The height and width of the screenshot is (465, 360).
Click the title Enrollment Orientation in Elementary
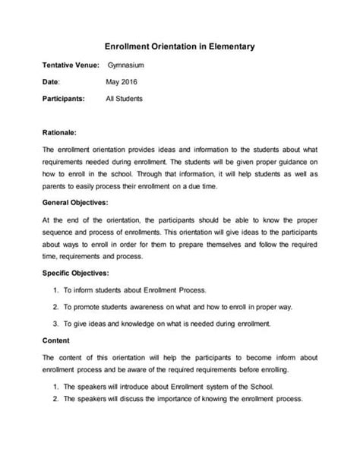pos(179,47)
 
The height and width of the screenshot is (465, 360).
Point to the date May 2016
pos(122,82)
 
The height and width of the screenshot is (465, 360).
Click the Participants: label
pos(64,99)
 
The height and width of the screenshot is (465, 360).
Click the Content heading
pos(56,340)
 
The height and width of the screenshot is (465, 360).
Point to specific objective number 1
pos(57,290)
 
